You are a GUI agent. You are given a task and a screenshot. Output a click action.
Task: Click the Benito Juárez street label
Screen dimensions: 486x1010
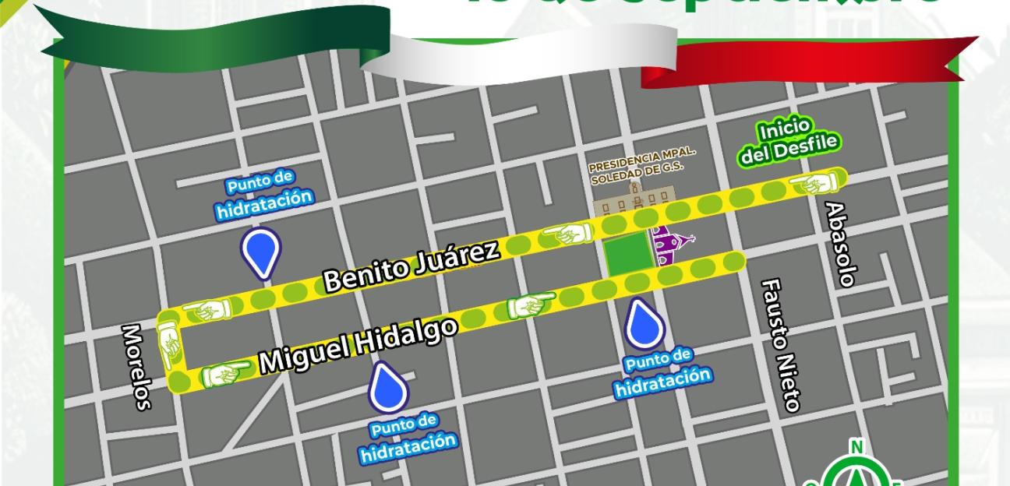coord(411,266)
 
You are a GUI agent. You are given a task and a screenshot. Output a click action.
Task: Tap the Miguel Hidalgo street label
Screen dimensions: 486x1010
coord(358,345)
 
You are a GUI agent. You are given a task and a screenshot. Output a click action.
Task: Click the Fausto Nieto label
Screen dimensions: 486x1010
coord(779,344)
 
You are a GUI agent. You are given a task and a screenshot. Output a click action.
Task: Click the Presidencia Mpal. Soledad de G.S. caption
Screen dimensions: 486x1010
coord(641,166)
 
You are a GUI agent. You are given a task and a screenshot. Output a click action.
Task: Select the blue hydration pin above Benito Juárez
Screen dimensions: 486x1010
coord(260,252)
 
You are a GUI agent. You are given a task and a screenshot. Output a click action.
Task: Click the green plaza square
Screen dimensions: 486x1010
coord(627,253)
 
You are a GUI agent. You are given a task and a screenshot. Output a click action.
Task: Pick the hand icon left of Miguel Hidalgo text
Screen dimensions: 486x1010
coord(228,375)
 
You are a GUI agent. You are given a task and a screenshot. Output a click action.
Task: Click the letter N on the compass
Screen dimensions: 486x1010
coord(856,446)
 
